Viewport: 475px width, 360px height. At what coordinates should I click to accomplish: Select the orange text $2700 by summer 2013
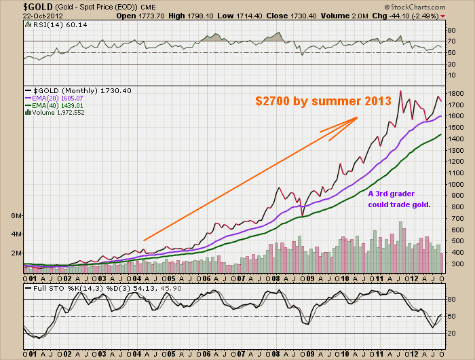323,101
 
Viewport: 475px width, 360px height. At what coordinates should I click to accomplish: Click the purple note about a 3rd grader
399,199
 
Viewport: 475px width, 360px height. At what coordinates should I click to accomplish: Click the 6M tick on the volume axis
16,215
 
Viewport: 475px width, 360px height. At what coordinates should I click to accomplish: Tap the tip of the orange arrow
358,118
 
